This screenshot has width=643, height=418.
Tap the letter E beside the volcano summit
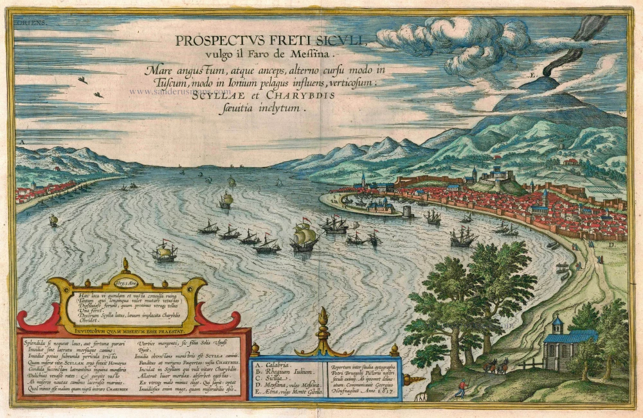532,76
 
